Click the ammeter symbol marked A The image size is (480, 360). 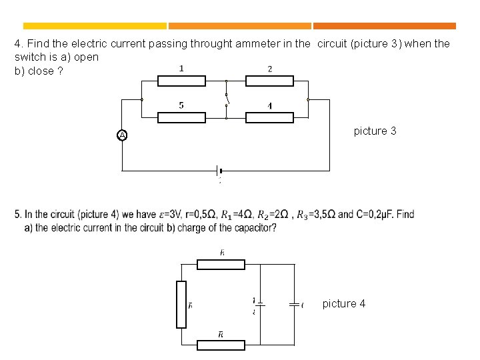(x=122, y=135)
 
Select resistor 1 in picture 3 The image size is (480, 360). (x=181, y=81)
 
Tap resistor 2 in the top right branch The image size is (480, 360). (x=269, y=81)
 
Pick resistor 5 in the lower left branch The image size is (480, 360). (x=181, y=117)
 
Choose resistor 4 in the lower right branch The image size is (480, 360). (x=269, y=117)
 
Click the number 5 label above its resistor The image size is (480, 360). (x=181, y=105)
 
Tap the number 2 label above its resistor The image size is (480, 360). (x=269, y=69)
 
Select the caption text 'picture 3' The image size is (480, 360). (x=375, y=131)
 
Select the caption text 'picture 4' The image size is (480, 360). (x=343, y=303)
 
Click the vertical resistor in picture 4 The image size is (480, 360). (x=181, y=304)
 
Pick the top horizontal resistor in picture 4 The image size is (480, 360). (x=221, y=264)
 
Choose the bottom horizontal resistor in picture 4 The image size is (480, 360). (x=221, y=345)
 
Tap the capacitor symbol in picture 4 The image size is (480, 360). (x=293, y=304)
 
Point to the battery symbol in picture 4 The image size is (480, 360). (x=260, y=304)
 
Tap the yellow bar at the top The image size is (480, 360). (x=91, y=26)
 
